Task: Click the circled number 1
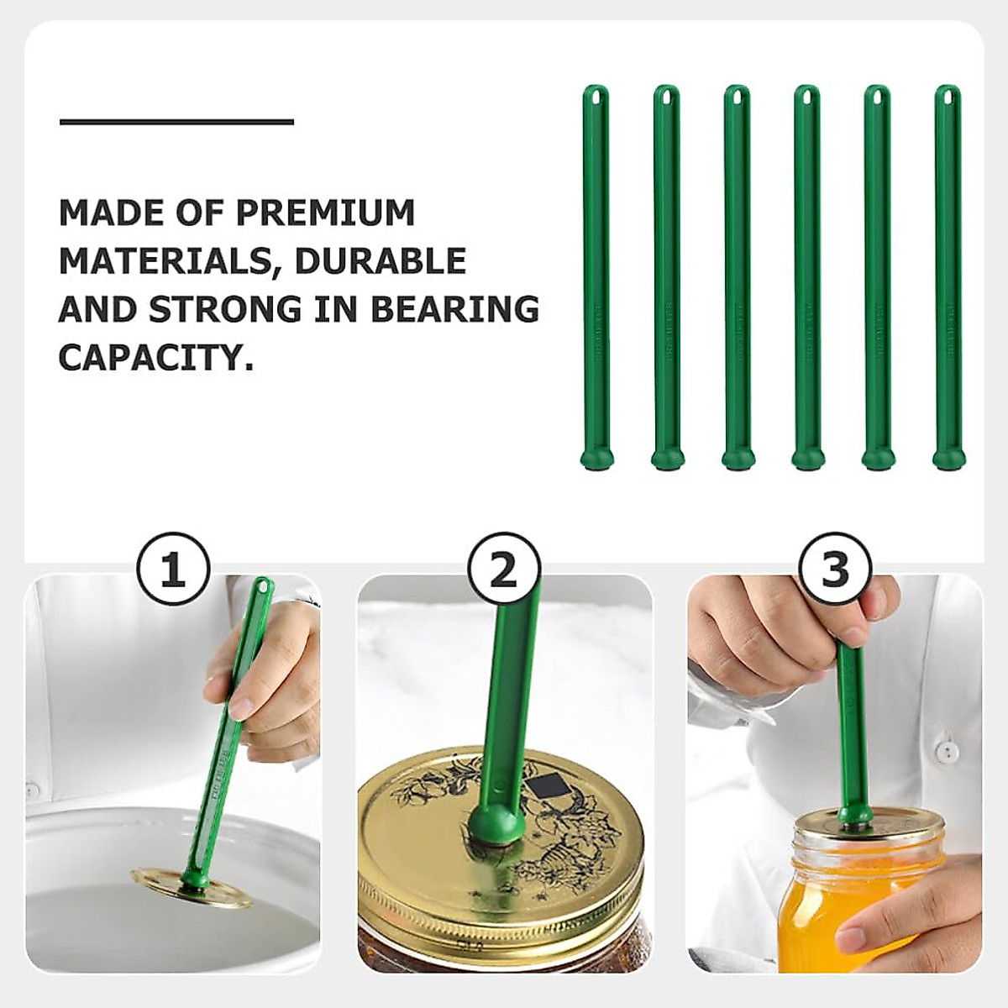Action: [x=172, y=571]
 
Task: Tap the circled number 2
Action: [x=503, y=571]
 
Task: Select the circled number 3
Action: [x=834, y=571]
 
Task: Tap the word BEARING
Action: [x=454, y=309]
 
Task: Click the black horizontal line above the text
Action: [x=176, y=123]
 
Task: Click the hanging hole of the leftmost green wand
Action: [x=596, y=97]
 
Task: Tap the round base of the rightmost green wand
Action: [x=948, y=459]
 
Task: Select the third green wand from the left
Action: [x=736, y=277]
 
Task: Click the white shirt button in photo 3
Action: [x=947, y=750]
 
